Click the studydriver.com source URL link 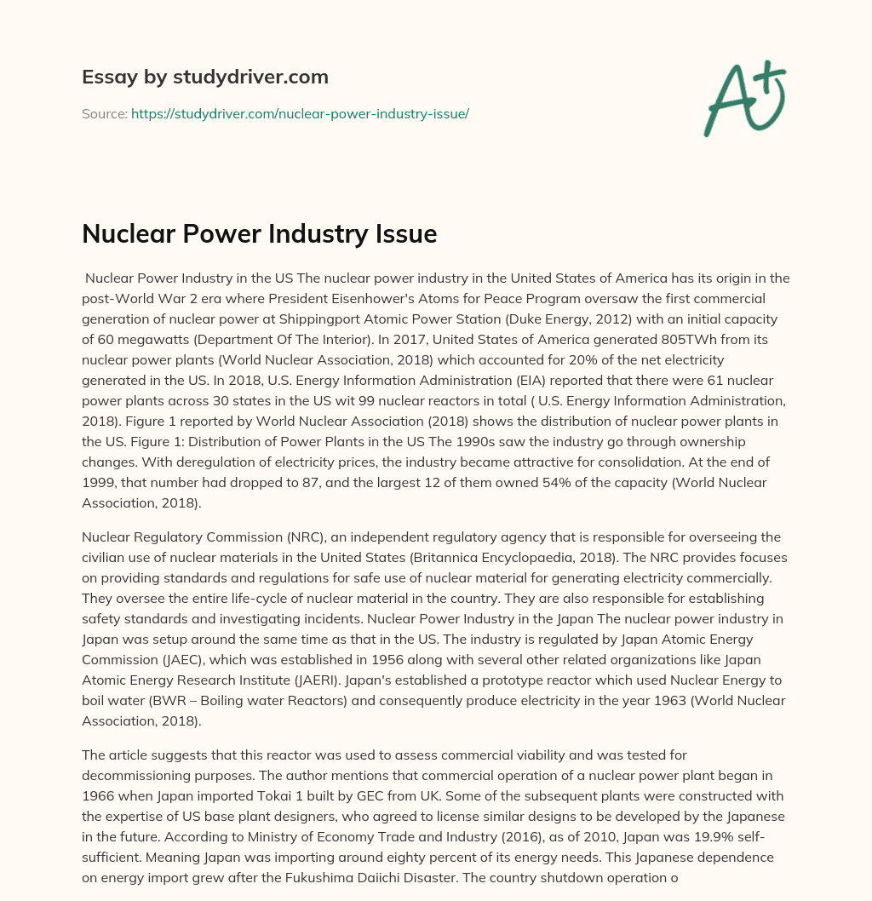click(x=300, y=113)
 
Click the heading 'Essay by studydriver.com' click(x=205, y=77)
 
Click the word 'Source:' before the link click(x=104, y=113)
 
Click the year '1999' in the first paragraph click(x=99, y=482)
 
